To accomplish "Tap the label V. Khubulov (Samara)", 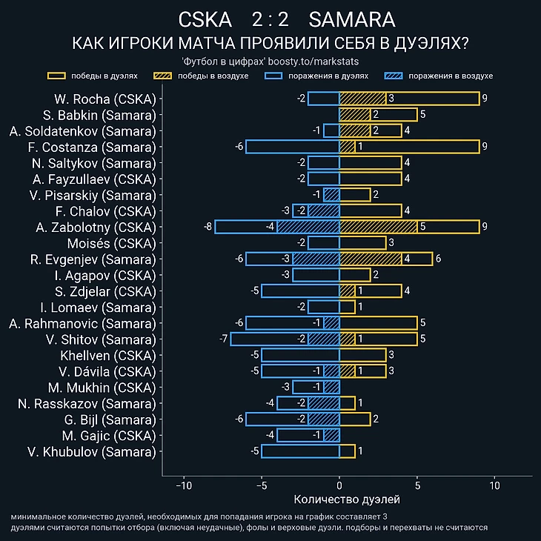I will tap(92, 451).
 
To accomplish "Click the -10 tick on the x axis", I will tap(184, 485).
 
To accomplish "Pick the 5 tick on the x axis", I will tap(417, 485).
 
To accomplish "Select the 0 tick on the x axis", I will tap(339, 485).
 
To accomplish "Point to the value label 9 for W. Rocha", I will tap(484, 99).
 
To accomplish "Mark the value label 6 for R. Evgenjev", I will tap(438, 259).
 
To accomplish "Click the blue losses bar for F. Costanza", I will tap(292, 147).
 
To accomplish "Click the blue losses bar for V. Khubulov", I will tap(300, 451).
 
